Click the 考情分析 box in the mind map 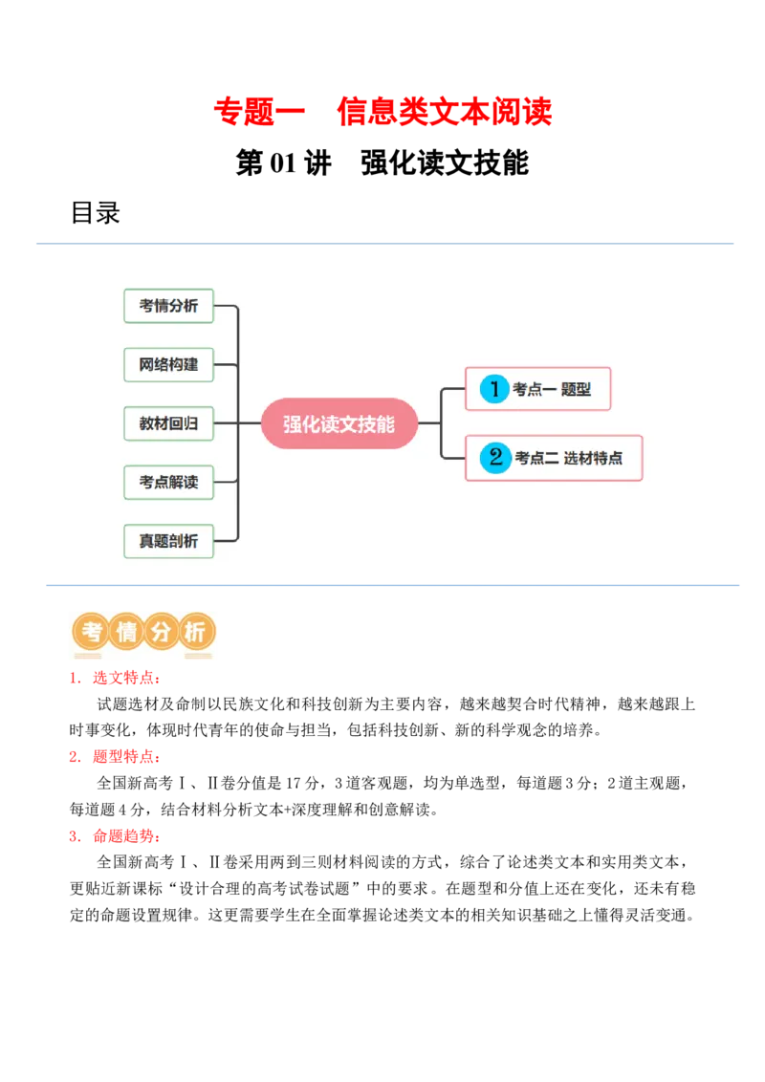click(168, 306)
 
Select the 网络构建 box click(168, 364)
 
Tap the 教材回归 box click(168, 422)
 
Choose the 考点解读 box click(168, 482)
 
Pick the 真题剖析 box click(168, 541)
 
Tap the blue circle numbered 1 click(494, 389)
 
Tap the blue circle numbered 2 click(495, 457)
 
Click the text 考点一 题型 click(552, 390)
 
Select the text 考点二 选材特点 click(568, 458)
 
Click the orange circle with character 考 click(92, 632)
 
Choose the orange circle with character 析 click(196, 632)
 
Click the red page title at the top click(382, 112)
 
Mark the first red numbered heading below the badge click(115, 680)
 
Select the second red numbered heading click(115, 757)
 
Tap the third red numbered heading click(115, 837)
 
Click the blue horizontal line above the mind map click(382, 241)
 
